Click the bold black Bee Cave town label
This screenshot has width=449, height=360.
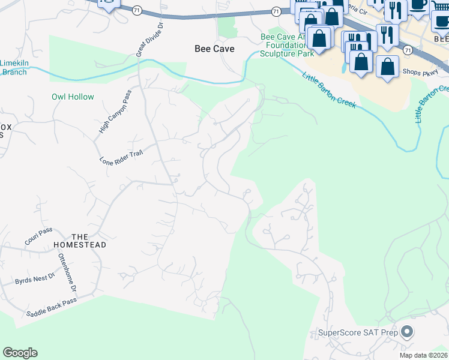point(214,49)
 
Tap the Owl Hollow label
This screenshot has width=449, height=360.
point(73,97)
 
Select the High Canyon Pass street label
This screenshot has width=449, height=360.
point(114,115)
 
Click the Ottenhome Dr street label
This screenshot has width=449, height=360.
point(67,272)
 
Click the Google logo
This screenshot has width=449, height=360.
point(20,352)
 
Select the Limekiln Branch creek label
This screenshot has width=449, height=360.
point(13,68)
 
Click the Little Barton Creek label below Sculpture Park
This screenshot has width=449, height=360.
point(329,90)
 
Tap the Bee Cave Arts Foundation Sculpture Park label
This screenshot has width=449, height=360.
point(288,45)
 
